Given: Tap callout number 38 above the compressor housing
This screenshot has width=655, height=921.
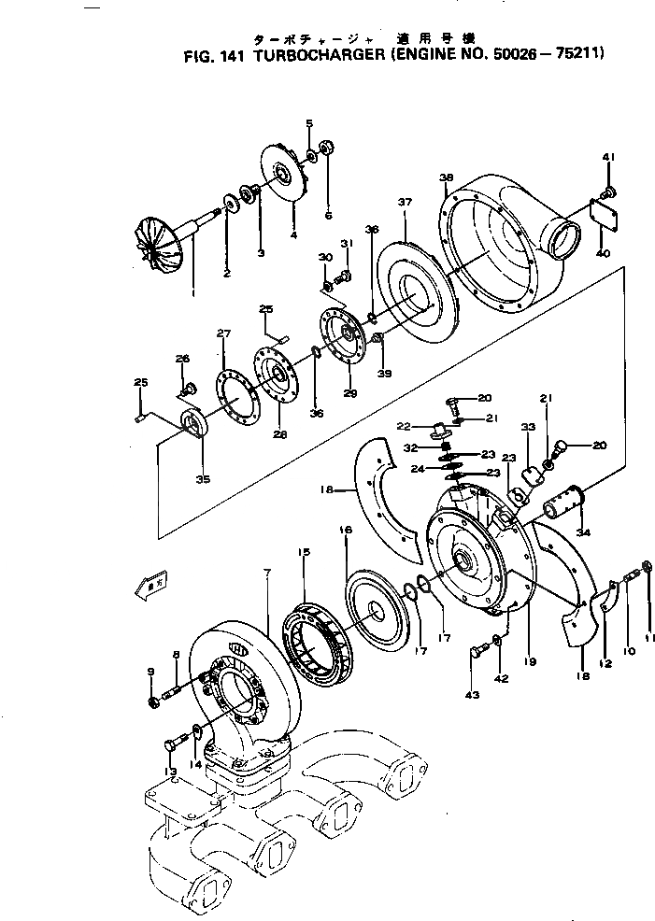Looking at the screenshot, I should tap(446, 177).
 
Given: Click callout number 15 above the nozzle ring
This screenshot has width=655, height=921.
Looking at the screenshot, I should tap(303, 553).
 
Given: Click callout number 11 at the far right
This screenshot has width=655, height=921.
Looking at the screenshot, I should tap(650, 638).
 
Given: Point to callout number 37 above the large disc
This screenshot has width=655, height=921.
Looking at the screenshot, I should tap(405, 202).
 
